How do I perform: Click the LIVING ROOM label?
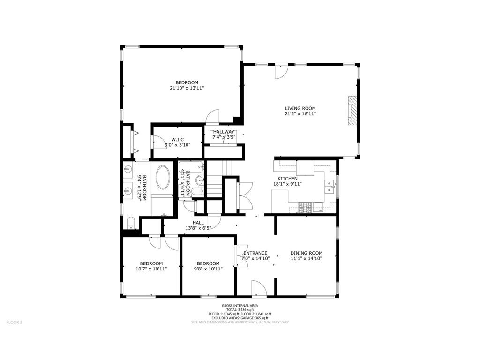(x=300, y=108)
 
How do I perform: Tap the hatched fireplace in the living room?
(x=352, y=111)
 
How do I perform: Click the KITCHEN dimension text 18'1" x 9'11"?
(x=287, y=184)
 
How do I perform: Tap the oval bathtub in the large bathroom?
(x=164, y=178)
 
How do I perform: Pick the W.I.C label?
(x=177, y=139)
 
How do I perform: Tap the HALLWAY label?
(x=224, y=132)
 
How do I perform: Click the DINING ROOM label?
(x=306, y=253)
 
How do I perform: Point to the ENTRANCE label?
(x=255, y=253)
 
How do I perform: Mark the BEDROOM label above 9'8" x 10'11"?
(x=208, y=263)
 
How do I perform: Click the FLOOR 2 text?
(x=14, y=322)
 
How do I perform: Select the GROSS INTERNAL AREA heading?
(x=240, y=305)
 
